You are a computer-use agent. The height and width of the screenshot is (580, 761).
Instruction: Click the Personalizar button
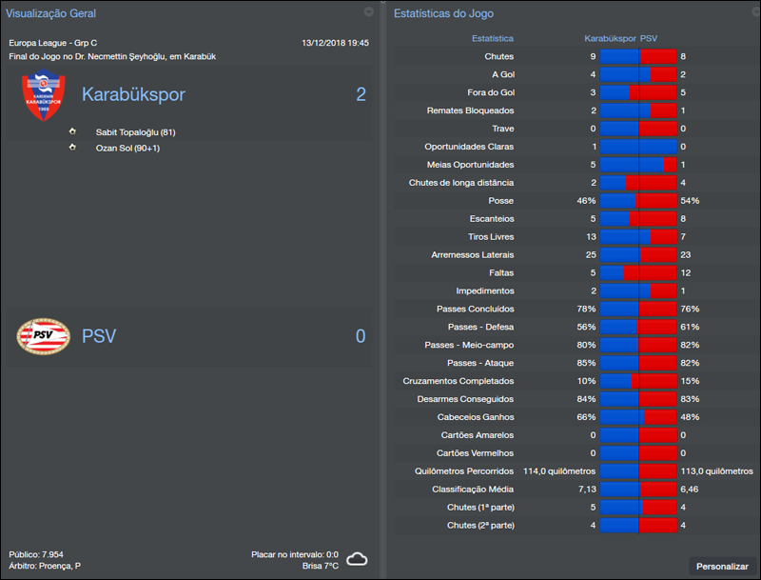coord(722,566)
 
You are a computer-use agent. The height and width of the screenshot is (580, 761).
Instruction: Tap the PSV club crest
coord(44,336)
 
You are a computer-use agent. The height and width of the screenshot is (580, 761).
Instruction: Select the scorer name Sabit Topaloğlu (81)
coord(135,132)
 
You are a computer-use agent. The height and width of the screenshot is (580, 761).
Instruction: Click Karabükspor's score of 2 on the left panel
coord(361,94)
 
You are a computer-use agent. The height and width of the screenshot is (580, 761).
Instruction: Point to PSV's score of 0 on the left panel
coord(361,336)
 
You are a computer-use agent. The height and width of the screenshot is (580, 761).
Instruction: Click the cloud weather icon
coord(357,559)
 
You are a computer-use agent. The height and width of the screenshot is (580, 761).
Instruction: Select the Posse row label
coord(500,201)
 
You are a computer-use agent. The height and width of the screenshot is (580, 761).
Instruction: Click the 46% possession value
coord(586,201)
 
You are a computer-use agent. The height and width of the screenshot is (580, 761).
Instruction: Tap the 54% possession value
coord(690,201)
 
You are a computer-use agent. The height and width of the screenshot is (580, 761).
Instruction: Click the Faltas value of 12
coord(686,273)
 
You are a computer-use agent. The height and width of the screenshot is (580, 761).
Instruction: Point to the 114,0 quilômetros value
coord(559,471)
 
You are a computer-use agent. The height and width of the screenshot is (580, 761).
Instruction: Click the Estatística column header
coord(493,39)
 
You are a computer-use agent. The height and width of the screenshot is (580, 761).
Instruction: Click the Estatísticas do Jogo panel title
coord(443,14)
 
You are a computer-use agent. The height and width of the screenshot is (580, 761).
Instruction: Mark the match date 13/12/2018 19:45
coord(335,43)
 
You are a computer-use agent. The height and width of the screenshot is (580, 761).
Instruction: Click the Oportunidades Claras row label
coord(469,147)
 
